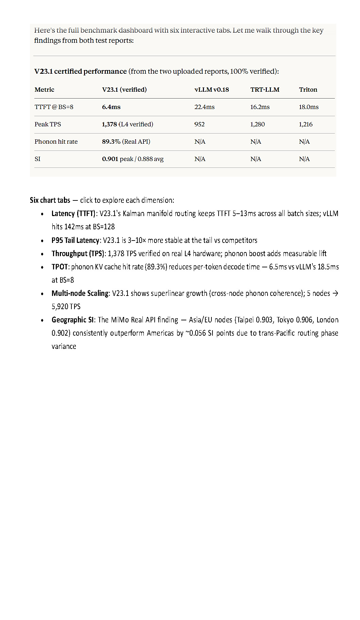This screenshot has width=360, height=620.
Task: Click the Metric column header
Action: pos(44,90)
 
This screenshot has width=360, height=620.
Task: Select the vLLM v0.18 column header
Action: pos(211,90)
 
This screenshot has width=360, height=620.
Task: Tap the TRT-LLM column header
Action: pos(265,90)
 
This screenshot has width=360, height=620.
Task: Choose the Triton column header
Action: pos(308,90)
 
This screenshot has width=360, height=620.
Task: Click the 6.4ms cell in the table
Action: pos(111,107)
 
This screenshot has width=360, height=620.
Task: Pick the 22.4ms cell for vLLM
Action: pos(204,107)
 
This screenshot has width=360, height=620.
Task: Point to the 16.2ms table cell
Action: pos(260,107)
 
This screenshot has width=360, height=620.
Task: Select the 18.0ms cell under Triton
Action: pos(309,107)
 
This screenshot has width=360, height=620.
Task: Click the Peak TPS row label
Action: pos(48,124)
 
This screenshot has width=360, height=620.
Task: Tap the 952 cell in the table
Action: pos(199,124)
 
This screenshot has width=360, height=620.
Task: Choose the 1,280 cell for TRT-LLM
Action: pos(257,124)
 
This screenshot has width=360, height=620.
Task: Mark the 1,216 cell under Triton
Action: pos(306,124)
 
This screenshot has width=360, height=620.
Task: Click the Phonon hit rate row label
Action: pos(56,142)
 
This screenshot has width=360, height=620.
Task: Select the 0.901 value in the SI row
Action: pos(110,159)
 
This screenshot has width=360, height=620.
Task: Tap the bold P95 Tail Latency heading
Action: pos(75,241)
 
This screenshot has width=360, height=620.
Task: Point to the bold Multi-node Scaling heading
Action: pos(80,294)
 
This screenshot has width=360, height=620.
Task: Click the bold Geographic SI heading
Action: pos(72,320)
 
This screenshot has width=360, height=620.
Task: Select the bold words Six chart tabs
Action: pos(50,200)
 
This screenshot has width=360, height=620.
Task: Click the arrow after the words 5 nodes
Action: pos(336,293)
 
